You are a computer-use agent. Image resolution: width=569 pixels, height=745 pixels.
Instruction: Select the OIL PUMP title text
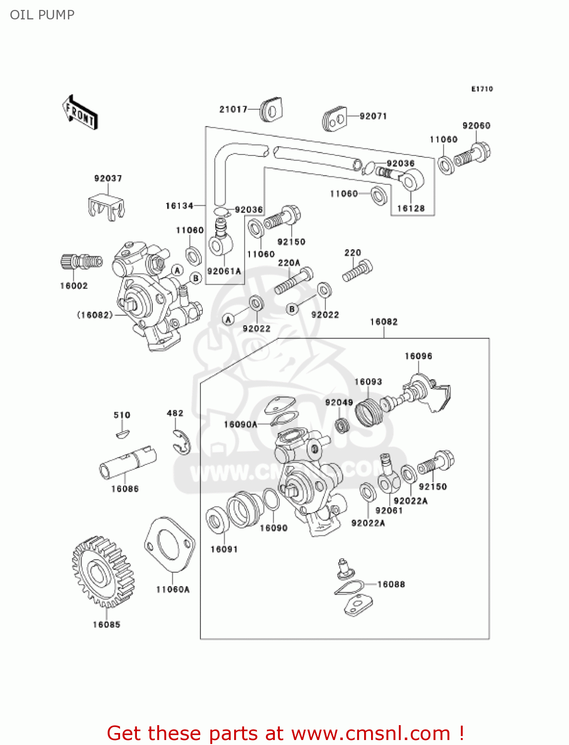click(x=42, y=15)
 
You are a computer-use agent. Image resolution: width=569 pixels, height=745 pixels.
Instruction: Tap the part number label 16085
click(x=107, y=624)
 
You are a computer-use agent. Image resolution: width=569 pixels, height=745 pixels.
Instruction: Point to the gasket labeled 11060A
click(x=169, y=544)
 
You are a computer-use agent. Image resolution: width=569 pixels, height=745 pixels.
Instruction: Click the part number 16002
click(x=74, y=286)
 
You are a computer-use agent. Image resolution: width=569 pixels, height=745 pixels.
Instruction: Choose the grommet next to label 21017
click(x=271, y=109)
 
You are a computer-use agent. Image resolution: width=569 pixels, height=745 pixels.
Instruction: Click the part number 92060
click(x=476, y=126)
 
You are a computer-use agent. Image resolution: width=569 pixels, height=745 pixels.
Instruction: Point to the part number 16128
click(x=411, y=208)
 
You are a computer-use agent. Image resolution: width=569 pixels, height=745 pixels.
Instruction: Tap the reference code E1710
click(x=482, y=89)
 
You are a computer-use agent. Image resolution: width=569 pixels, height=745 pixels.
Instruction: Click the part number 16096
click(x=418, y=356)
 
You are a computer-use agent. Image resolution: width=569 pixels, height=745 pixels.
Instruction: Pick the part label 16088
click(x=391, y=584)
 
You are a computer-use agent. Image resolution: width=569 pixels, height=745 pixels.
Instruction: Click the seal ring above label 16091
click(x=216, y=520)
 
